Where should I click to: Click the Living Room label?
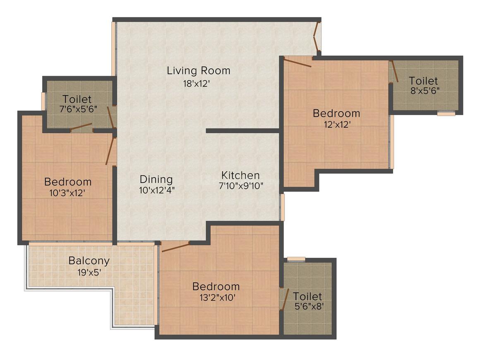[x=198, y=71]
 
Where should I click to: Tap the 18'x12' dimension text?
[x=196, y=84]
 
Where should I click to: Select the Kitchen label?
[x=240, y=175]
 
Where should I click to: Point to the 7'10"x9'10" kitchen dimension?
[x=241, y=186]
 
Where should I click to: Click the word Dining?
[x=156, y=180]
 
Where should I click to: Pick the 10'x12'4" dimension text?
[x=157, y=190]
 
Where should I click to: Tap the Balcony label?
[x=89, y=261]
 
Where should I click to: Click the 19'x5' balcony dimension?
[x=89, y=272]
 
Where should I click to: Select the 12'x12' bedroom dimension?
[x=337, y=125]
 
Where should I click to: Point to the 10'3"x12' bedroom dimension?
[x=67, y=193]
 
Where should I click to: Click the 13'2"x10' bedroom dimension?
[x=217, y=298]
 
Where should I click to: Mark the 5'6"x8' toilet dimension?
[x=309, y=306]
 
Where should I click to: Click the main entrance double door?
[x=317, y=36]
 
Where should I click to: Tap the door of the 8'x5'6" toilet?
[x=394, y=71]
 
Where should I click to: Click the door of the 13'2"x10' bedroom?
[x=175, y=247]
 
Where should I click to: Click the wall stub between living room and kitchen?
[x=243, y=131]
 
